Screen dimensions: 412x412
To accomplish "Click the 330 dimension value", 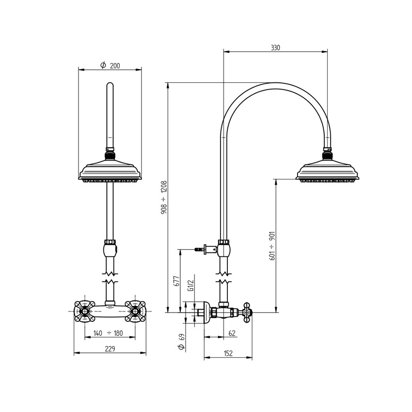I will tap(275, 48).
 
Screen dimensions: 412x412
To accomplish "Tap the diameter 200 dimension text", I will tap(111, 66).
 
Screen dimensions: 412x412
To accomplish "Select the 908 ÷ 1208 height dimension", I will tap(164, 198).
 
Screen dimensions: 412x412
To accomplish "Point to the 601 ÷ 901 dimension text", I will tap(272, 246).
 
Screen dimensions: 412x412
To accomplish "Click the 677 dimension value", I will tap(177, 282).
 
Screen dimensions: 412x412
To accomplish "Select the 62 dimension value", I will tap(231, 333).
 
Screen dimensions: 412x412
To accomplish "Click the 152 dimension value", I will tap(228, 354).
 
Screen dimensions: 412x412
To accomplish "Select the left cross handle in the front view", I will tap(84, 311).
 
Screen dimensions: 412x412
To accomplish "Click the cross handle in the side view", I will tap(247, 313).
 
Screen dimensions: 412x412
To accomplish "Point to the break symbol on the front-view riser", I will tap(110, 281).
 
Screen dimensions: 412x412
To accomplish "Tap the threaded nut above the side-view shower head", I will tap(328, 155).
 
